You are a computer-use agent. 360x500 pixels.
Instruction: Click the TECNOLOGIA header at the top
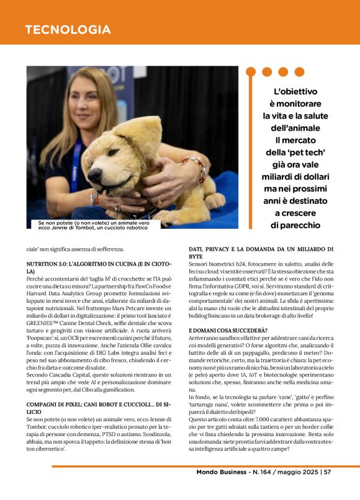click(68, 30)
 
